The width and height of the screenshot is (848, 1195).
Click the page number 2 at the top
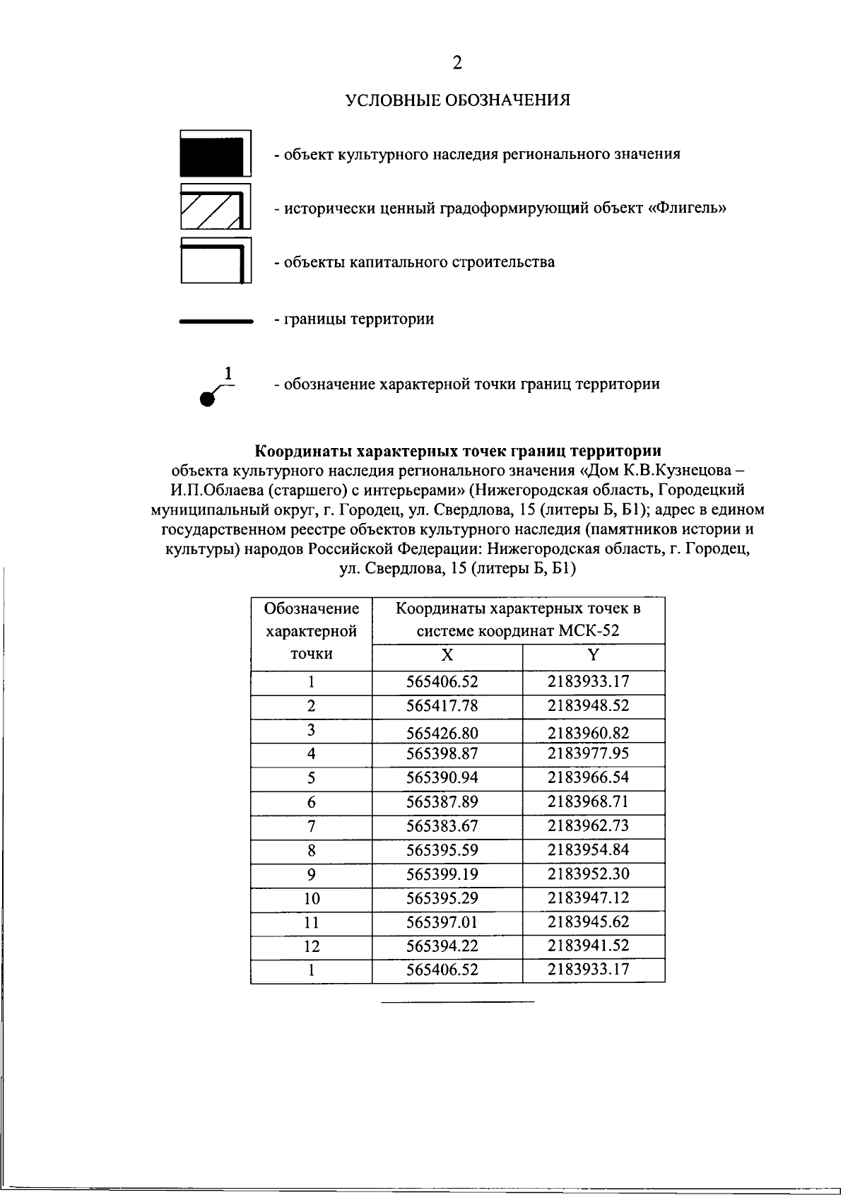coord(457,64)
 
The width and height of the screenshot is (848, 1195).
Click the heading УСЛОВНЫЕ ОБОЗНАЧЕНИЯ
coord(457,100)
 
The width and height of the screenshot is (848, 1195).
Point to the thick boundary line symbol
coord(216,321)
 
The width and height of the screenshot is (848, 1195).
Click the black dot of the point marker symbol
coord(206,400)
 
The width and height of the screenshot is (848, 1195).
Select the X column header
coord(447,655)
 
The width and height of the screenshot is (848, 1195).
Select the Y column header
coord(594,655)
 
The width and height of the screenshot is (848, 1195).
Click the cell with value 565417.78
coord(442,706)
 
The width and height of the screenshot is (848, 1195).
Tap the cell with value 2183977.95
coord(588,753)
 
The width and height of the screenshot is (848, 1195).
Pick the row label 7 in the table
coord(311,826)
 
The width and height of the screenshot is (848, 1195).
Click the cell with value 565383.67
coord(442,826)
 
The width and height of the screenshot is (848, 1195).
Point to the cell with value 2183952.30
coord(588,874)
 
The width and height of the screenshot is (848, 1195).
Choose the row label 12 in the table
coord(311,946)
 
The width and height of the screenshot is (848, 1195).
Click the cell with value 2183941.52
coord(588,946)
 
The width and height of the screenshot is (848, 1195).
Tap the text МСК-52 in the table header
coord(588,631)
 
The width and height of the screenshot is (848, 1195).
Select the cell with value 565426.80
coord(442,733)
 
